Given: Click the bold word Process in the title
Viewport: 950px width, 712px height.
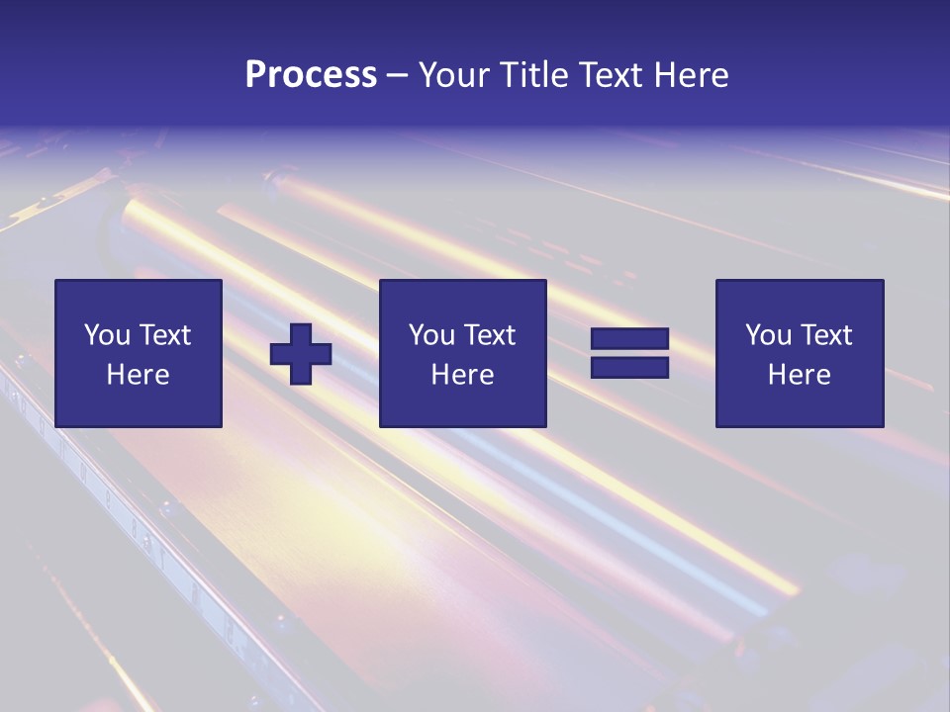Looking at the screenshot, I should [x=311, y=75].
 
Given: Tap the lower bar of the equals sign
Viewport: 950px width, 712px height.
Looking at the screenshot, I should [x=629, y=368].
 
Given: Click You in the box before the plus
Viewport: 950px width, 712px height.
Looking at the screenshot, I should [x=107, y=335].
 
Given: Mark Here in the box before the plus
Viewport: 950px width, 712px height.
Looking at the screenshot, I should [x=139, y=375].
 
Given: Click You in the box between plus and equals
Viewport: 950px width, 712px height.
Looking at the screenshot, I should [x=431, y=335].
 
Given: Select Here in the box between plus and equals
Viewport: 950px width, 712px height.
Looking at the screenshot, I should [x=463, y=375].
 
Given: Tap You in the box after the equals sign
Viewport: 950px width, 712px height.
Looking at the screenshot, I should [x=768, y=335].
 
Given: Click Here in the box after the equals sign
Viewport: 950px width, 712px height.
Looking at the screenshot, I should [x=800, y=375].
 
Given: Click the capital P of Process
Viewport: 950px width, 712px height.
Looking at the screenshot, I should [x=255, y=75].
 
